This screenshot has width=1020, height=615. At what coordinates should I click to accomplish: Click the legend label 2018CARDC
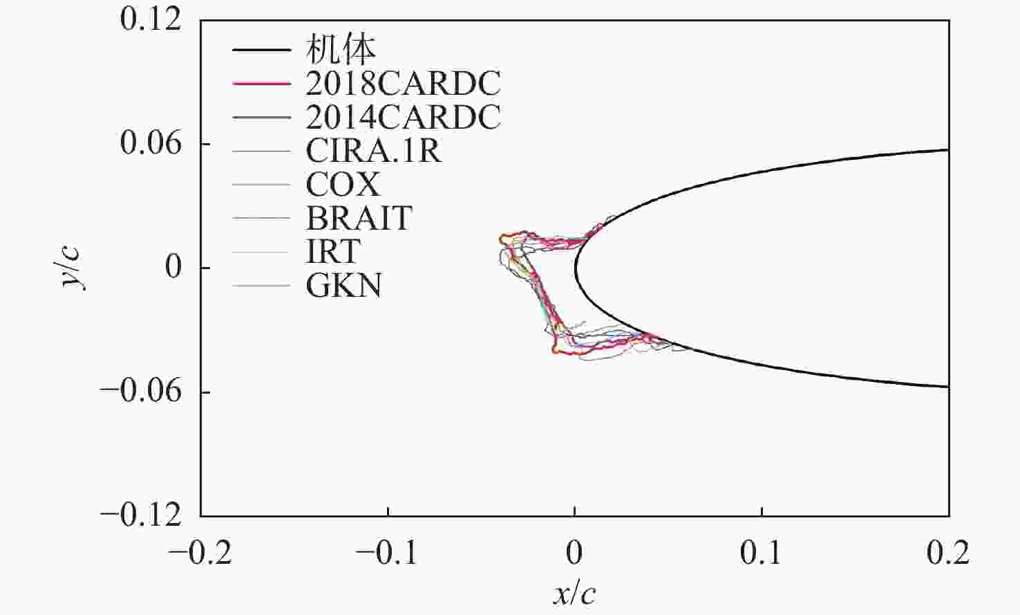403,84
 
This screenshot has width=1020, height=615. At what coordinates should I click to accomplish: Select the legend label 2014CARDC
403,118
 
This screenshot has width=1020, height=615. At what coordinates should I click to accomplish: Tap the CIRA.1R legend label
373,151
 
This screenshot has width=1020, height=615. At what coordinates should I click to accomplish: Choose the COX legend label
343,185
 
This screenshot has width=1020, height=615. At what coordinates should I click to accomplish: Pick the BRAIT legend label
359,219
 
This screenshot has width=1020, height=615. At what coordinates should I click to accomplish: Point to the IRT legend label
333,252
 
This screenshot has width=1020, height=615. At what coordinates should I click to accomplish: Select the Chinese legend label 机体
341,50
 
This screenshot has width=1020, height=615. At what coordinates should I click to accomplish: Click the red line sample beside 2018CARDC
261,84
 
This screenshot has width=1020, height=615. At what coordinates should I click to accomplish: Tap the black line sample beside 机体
261,50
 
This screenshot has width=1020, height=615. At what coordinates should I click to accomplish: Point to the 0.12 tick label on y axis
151,19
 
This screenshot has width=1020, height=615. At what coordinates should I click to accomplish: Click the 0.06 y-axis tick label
151,144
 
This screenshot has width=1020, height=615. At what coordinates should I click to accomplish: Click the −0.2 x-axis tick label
200,553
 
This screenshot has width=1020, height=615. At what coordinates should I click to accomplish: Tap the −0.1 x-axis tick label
387,553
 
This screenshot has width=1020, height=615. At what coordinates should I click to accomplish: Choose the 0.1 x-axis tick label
762,553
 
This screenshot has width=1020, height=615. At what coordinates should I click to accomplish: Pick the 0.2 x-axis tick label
948,553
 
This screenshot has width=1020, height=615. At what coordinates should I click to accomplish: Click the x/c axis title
574,594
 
